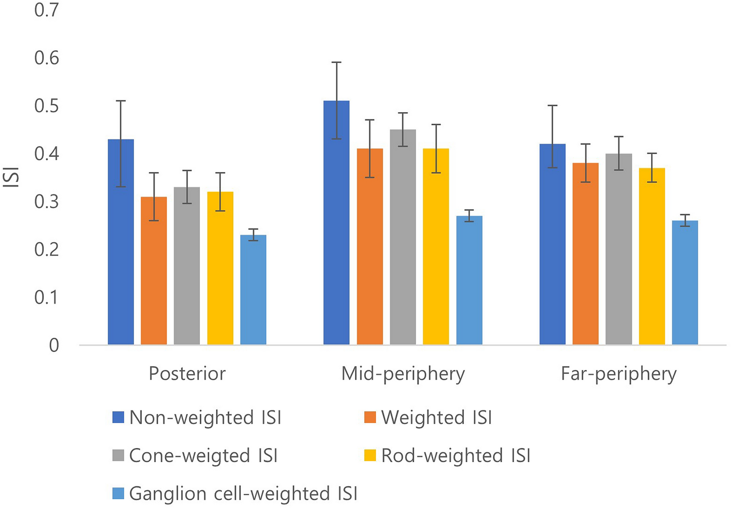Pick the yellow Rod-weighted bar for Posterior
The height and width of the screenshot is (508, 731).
pos(220,269)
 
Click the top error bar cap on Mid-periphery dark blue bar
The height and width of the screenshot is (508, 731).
pos(336,62)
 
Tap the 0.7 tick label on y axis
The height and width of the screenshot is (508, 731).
pos(46,10)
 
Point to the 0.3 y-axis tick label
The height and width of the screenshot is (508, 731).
pos(46,201)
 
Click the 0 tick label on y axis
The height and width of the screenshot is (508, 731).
pos(54,345)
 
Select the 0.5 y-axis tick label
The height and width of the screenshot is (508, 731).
pos(46,106)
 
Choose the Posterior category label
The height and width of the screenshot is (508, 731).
pos(187,374)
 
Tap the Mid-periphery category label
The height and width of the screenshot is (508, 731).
pos(403,374)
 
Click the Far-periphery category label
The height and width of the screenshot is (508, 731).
pos(618,374)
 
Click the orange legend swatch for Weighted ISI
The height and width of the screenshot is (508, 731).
pos(370,417)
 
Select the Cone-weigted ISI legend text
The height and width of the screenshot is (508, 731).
pos(203,456)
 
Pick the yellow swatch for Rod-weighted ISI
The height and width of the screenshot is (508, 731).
pos(370,455)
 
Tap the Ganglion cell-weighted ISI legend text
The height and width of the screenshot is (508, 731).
pos(243,494)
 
